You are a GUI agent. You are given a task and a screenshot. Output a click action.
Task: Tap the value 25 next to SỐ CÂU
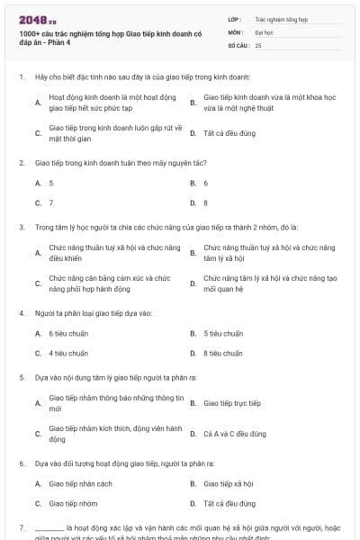258,44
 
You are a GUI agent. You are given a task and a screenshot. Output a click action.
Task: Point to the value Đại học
264,31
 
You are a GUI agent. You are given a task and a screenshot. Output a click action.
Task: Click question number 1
21,78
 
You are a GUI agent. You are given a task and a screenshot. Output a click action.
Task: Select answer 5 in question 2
51,183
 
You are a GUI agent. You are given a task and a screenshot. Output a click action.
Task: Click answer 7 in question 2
51,202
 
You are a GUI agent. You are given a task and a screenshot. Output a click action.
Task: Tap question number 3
21,228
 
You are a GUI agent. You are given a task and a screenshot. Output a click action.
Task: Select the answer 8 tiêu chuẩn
223,353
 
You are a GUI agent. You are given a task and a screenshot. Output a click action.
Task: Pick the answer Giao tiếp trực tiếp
232,403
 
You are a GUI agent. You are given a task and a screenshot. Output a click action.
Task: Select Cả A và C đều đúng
235,434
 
